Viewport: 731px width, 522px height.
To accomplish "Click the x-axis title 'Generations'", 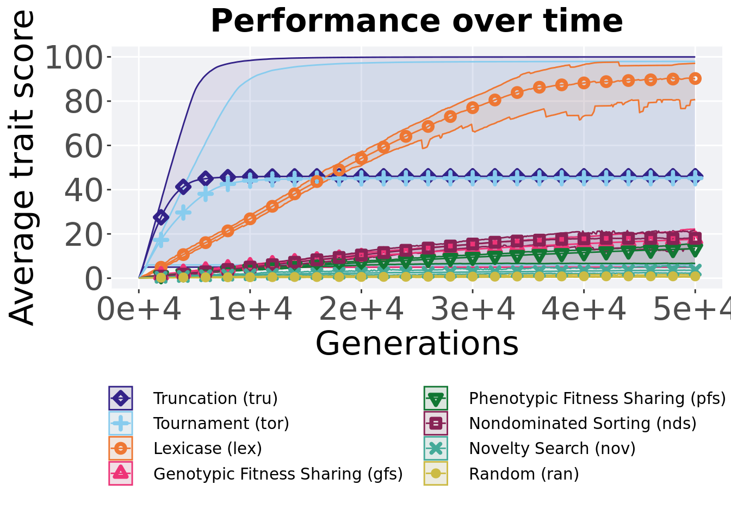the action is pos(417,344).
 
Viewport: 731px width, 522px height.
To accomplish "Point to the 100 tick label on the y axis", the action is pos(74,58).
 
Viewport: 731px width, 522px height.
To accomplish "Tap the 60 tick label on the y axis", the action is pos(84,146).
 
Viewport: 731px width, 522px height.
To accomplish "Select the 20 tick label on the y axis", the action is pos(84,235).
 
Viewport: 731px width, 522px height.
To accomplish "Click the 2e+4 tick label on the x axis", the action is pos(361,309).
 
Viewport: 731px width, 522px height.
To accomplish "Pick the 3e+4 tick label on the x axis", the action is pos(473,309).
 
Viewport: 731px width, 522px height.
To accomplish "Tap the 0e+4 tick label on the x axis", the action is pos(139,309).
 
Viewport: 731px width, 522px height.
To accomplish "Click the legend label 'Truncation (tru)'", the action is pos(215,399).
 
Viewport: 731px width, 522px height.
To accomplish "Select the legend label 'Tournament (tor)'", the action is pos(221,424).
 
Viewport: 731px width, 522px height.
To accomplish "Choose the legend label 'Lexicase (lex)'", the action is pos(208,449).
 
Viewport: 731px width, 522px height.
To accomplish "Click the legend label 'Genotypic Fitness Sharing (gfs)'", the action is pos(278,474).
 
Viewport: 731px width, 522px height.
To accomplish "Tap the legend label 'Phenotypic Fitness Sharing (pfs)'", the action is pos(597,399).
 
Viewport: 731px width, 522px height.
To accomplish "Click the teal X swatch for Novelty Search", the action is pos(436,449).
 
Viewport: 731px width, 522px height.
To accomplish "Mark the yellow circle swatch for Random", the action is pos(436,474).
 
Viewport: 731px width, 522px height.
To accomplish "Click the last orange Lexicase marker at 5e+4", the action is pos(695,78).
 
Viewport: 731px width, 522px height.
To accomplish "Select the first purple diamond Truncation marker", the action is pos(161,217).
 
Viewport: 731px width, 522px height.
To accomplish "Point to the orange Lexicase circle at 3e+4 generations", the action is pos(473,108).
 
